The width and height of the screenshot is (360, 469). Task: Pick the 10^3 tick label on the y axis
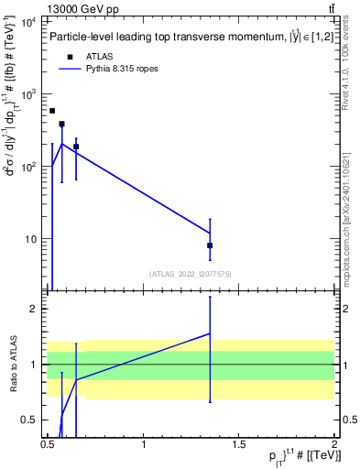(x=30, y=94)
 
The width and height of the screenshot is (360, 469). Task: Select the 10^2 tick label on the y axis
(x=30, y=167)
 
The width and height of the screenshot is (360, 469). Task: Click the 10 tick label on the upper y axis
(x=33, y=239)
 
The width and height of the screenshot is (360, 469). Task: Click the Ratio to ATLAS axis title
(x=14, y=364)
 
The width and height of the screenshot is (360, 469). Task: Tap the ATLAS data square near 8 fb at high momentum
(x=210, y=245)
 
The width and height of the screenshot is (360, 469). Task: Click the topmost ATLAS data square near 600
(x=52, y=111)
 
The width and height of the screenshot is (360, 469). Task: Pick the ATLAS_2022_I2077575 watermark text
(x=190, y=274)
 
